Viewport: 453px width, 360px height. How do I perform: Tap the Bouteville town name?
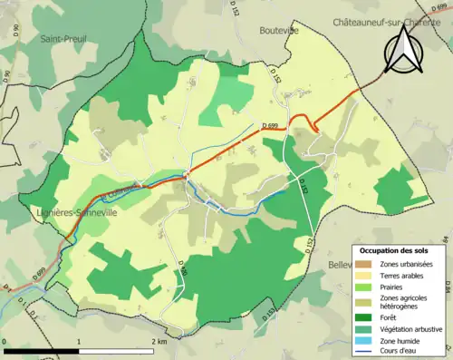[278, 30]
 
